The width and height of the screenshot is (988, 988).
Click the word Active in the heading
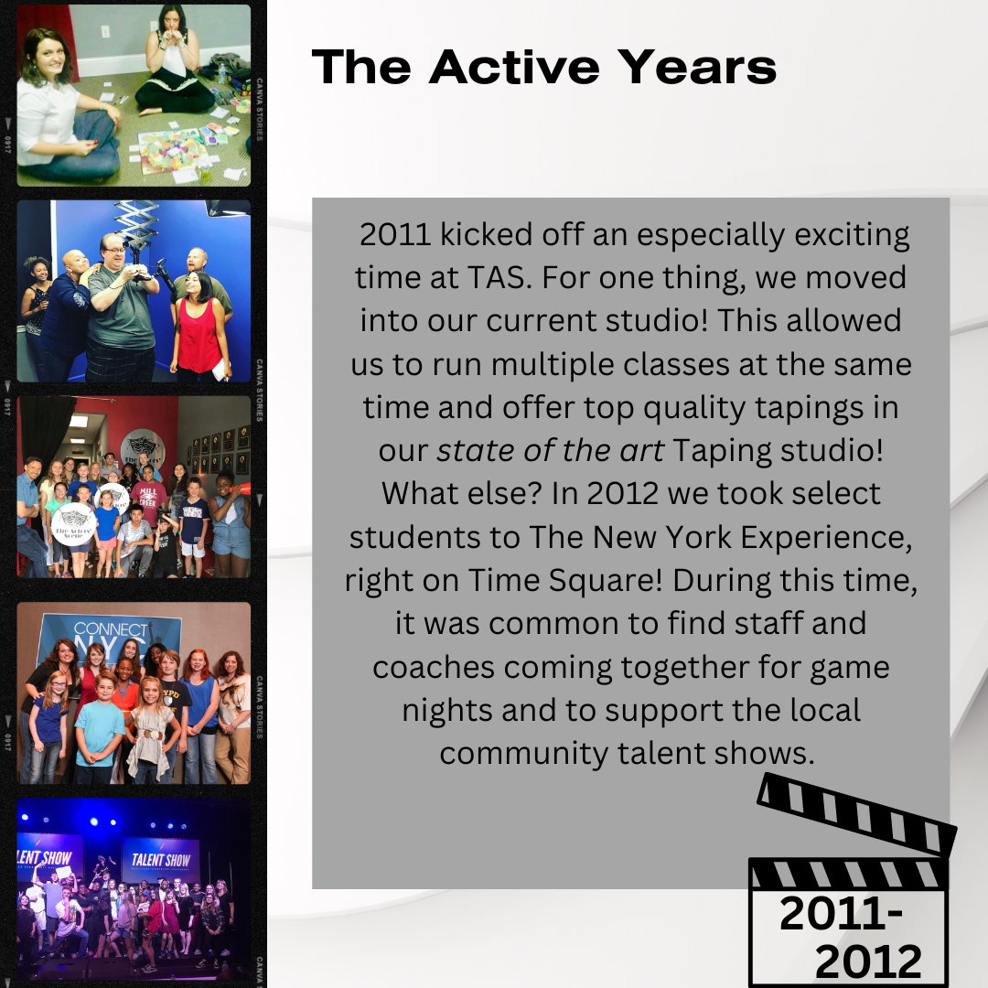[x=514, y=67]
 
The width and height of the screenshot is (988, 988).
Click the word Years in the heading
[x=696, y=67]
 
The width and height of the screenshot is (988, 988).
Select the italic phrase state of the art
[x=550, y=450]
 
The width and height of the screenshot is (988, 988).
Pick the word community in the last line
[x=523, y=754]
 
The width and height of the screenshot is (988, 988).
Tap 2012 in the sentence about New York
[x=623, y=493]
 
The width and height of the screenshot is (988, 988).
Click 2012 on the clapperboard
[x=868, y=961]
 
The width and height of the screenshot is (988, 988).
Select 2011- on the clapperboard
[x=842, y=914]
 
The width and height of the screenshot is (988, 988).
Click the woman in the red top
[x=199, y=328]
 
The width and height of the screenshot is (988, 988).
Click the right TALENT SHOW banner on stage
[x=161, y=861]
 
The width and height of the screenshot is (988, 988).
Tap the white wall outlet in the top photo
[x=105, y=31]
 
